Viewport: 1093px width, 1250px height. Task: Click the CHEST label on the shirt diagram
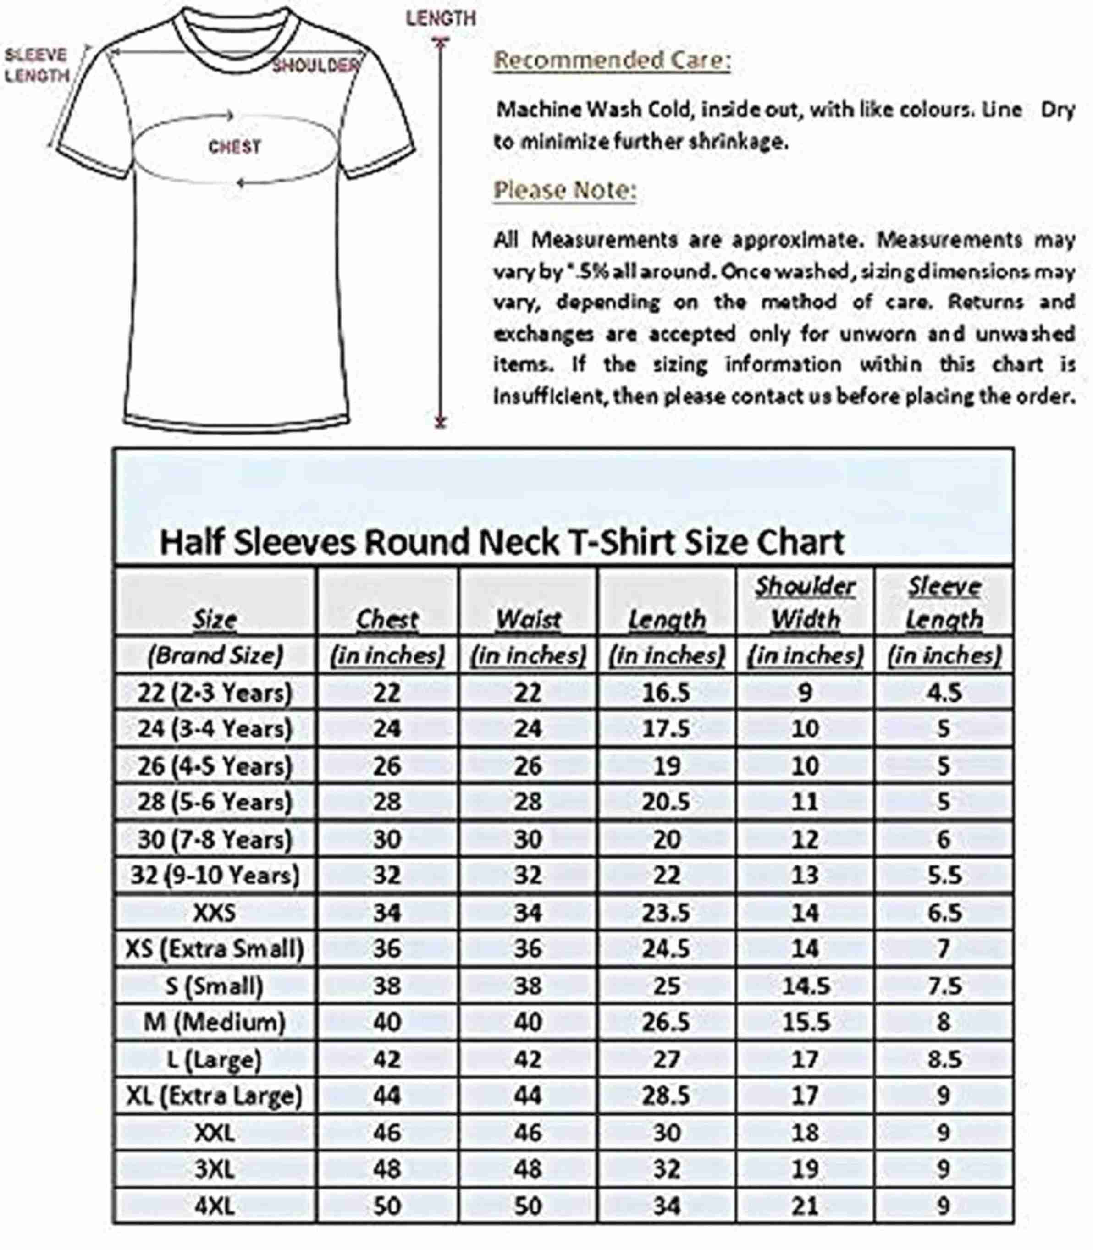click(235, 147)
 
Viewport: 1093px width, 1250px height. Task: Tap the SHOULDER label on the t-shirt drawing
click(315, 65)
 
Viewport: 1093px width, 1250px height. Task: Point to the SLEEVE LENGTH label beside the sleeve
click(37, 65)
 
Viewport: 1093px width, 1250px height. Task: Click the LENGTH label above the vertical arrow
click(441, 19)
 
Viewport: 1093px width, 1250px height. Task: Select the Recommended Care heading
click(612, 61)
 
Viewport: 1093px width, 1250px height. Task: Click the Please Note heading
click(565, 190)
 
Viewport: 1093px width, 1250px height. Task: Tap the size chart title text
click(502, 541)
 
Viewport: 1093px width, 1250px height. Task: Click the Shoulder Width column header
click(805, 603)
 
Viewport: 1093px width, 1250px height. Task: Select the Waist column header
click(528, 620)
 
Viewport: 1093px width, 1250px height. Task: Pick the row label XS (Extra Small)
click(215, 949)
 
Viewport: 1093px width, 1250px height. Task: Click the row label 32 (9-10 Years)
click(215, 875)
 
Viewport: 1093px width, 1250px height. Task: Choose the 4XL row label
click(215, 1206)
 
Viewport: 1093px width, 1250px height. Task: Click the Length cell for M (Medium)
click(666, 1022)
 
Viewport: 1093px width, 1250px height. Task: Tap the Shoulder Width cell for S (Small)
click(805, 986)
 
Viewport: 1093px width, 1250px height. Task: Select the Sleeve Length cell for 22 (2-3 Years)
click(944, 693)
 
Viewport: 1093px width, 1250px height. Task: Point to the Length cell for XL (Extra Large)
click(666, 1096)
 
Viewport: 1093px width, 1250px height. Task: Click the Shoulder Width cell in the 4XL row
click(805, 1206)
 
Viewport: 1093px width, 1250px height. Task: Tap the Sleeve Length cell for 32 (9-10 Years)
click(944, 875)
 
